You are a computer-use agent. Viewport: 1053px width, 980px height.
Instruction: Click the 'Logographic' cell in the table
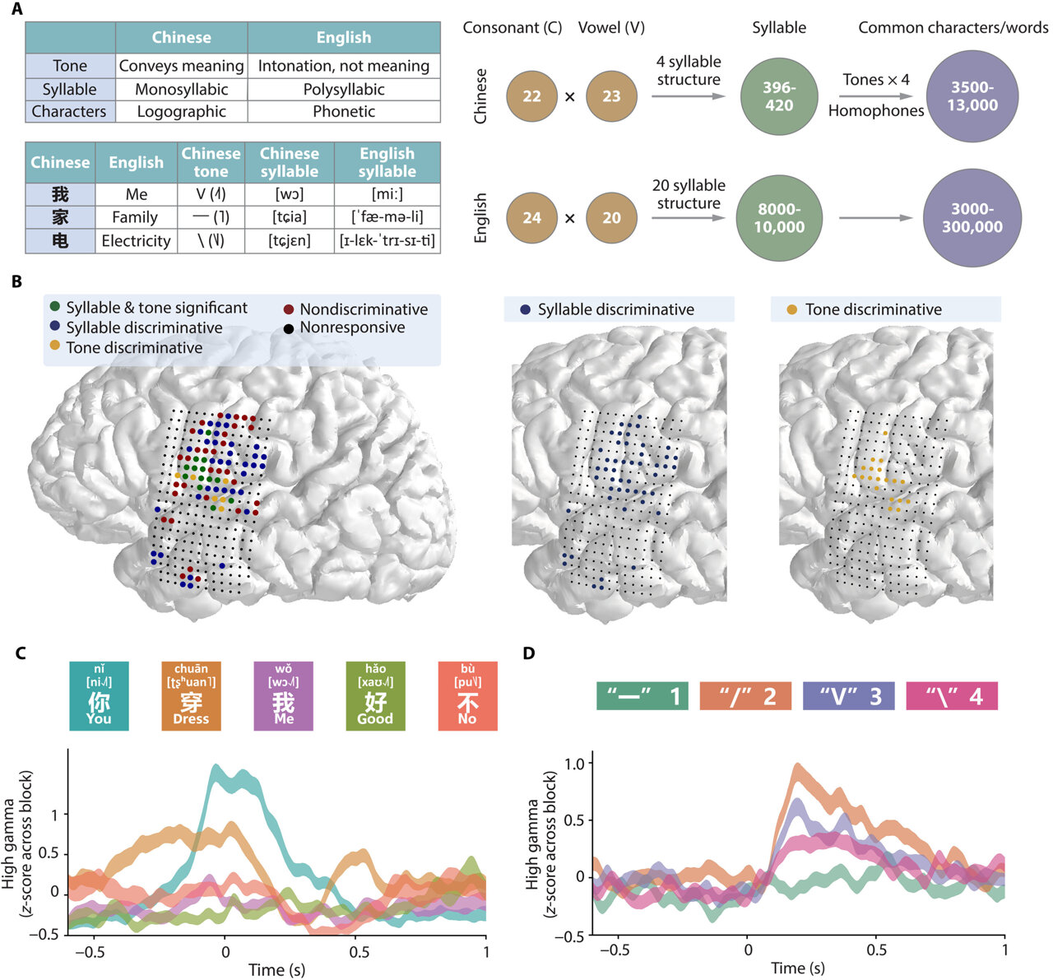click(181, 111)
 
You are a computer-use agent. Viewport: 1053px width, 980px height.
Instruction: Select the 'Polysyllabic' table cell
click(344, 89)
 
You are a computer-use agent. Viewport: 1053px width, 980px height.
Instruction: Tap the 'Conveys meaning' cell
click(181, 66)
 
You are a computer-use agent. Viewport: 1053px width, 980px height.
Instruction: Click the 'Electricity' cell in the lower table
click(136, 241)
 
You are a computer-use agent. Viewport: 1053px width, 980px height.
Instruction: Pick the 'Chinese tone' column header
click(211, 162)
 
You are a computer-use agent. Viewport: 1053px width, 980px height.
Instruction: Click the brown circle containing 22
click(532, 96)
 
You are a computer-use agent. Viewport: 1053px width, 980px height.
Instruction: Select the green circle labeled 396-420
click(779, 96)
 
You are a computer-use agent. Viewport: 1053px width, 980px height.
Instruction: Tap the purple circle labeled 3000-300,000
click(972, 218)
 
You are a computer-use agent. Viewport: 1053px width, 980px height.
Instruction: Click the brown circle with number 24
click(532, 218)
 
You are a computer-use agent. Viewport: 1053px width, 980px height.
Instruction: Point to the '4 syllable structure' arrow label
click(689, 71)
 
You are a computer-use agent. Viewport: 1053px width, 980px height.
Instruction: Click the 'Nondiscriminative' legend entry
click(363, 309)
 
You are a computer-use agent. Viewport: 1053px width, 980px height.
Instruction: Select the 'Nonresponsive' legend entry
click(352, 327)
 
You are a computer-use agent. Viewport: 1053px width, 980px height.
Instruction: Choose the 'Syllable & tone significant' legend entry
click(156, 308)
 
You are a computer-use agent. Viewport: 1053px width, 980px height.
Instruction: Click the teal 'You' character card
click(99, 696)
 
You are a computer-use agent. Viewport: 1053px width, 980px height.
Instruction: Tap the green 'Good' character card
click(375, 696)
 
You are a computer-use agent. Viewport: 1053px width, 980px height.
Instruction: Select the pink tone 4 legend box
click(951, 696)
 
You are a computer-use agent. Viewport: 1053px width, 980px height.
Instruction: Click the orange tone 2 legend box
click(745, 696)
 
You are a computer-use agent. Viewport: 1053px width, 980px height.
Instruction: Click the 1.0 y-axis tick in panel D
click(575, 763)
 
